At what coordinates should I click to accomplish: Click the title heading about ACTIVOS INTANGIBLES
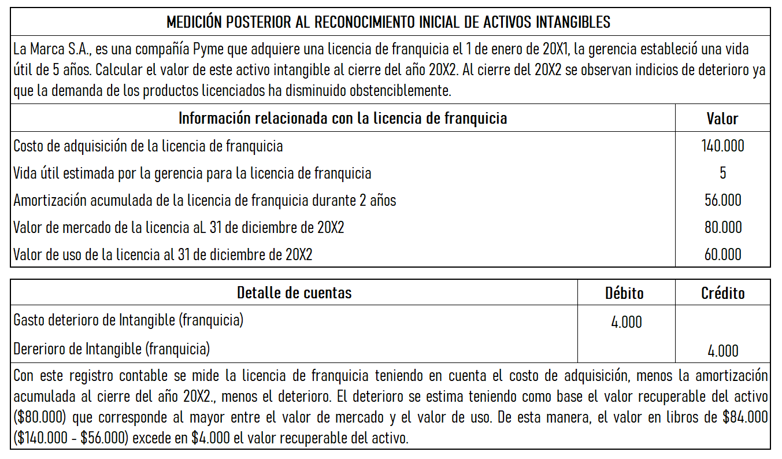[388, 23]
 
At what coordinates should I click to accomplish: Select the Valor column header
[722, 119]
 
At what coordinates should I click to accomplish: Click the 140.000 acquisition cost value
[722, 146]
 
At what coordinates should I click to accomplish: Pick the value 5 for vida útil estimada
[722, 173]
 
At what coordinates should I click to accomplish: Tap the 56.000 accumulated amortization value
[722, 200]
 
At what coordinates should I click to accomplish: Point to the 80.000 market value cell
[722, 227]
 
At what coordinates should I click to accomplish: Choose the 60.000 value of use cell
[722, 254]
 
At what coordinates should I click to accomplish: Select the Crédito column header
[722, 293]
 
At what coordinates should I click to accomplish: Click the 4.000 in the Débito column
[626, 323]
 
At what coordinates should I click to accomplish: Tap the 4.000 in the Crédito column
[722, 351]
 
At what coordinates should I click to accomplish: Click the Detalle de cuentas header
[294, 293]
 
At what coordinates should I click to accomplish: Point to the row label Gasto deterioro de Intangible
[128, 320]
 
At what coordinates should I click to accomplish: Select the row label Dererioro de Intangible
[111, 349]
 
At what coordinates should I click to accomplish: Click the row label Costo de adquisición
[148, 146]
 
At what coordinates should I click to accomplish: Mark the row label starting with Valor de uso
[162, 254]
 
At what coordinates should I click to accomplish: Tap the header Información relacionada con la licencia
[342, 119]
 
